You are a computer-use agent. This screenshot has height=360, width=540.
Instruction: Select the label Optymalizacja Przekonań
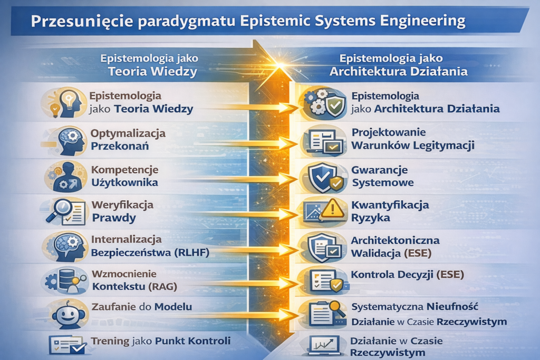coord(128,139)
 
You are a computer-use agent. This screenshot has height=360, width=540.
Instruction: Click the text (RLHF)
coord(192,252)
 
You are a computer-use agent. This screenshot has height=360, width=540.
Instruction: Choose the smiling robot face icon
coord(69,314)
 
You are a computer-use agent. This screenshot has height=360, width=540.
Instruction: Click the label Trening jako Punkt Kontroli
coord(160,340)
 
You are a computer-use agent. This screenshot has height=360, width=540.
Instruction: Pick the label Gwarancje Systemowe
coord(382,176)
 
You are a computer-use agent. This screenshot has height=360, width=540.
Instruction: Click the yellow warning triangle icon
coord(332,209)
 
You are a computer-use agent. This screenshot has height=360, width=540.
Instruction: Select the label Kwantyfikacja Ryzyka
coord(390,211)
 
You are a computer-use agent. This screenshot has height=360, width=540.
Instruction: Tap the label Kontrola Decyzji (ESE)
coord(408,275)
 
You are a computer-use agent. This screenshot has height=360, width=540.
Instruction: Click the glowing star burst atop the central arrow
coord(281,65)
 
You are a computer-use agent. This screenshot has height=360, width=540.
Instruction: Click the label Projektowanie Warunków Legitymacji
coord(412,139)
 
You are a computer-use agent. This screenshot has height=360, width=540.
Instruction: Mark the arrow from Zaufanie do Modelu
coord(241,315)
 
